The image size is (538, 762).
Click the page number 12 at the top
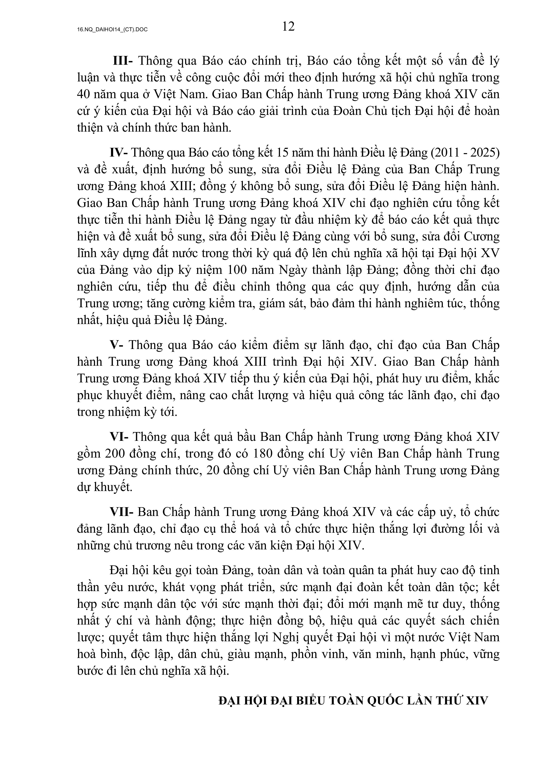click(288, 26)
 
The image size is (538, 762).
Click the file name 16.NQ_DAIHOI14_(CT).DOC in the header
click(112, 30)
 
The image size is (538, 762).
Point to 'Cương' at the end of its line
click(481, 237)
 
